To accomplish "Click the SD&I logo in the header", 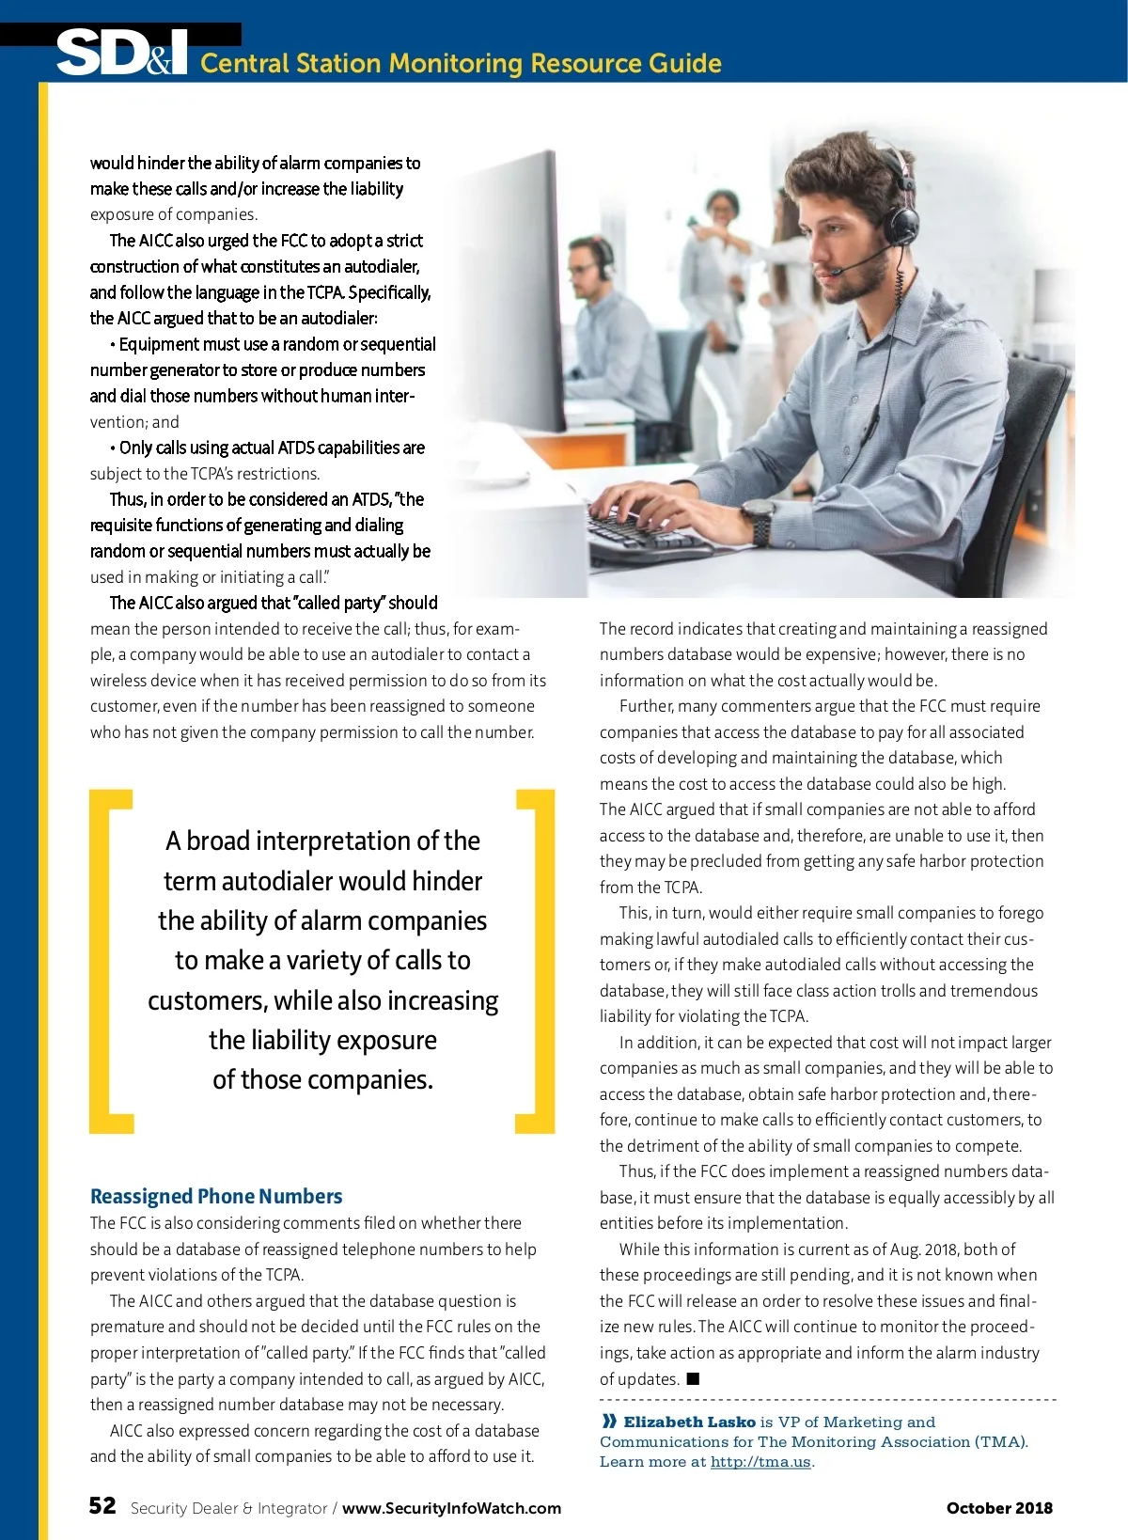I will (x=122, y=54).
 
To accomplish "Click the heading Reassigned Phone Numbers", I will (x=216, y=1196).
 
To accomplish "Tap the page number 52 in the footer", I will (x=102, y=1506).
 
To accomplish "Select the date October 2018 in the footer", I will (x=999, y=1508).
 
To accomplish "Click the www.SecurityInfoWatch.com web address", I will (x=451, y=1508).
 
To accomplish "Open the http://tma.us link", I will (x=760, y=1462).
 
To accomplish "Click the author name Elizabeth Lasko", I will (x=689, y=1422).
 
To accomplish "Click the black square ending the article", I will (x=693, y=1379).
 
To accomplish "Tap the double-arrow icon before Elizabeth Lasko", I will (x=609, y=1422).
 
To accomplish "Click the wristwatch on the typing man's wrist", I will (x=758, y=515).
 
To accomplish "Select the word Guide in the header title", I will (x=685, y=63).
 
